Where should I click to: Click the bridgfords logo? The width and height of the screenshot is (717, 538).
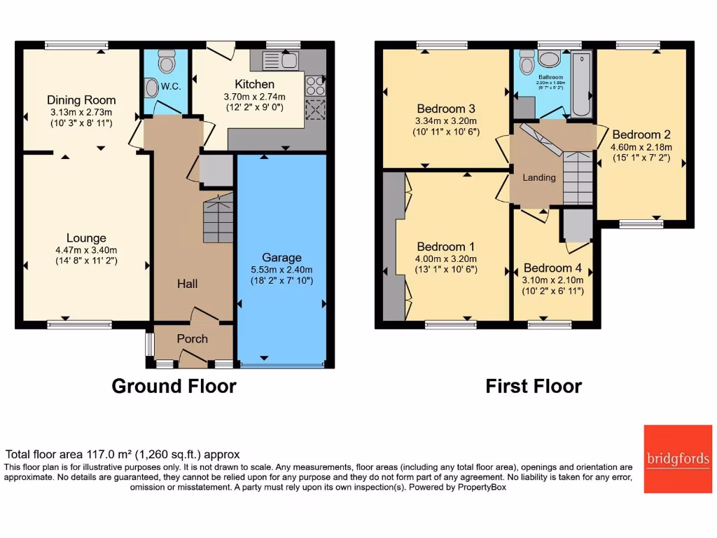pyautogui.click(x=677, y=458)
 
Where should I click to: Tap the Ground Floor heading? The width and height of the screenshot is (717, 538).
pyautogui.click(x=174, y=386)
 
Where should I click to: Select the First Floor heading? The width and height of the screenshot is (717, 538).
pyautogui.click(x=534, y=386)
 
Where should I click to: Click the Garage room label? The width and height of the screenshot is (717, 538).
pyautogui.click(x=281, y=258)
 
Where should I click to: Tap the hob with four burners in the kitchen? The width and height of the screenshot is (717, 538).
pyautogui.click(x=315, y=85)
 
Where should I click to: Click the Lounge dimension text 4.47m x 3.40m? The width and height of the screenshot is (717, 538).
pyautogui.click(x=87, y=250)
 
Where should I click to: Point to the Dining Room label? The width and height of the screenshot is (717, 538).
pyautogui.click(x=81, y=100)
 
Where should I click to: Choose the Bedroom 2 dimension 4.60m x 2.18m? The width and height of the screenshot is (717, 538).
pyautogui.click(x=641, y=147)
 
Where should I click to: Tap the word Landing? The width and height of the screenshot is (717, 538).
pyautogui.click(x=539, y=177)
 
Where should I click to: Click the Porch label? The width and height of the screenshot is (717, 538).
pyautogui.click(x=192, y=339)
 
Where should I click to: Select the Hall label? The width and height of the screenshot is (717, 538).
pyautogui.click(x=187, y=284)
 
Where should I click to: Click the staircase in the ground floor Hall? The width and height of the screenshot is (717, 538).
pyautogui.click(x=218, y=219)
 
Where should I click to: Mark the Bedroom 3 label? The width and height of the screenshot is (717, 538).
pyautogui.click(x=446, y=109)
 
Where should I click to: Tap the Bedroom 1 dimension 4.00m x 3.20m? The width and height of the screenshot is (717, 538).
pyautogui.click(x=445, y=258)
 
